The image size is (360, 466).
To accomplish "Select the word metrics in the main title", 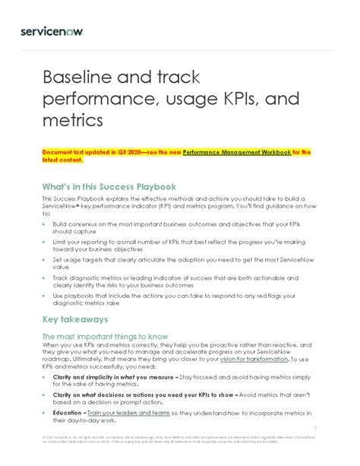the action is click(71, 120).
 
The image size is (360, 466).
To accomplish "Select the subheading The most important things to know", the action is click(105, 337).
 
